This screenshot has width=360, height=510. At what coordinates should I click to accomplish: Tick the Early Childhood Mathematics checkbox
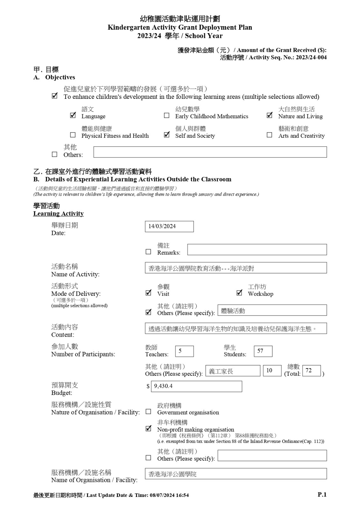pos(167,115)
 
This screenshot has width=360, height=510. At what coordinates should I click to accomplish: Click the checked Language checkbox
pos(73,115)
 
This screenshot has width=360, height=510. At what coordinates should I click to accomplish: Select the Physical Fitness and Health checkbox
pos(73,135)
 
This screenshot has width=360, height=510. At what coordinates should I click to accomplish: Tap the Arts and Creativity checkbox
pos(270,135)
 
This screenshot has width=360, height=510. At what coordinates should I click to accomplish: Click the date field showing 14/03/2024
pos(169,226)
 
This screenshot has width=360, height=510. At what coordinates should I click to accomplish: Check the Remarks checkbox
pos(148,252)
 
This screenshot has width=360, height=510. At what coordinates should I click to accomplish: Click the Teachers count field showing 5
pos(184,351)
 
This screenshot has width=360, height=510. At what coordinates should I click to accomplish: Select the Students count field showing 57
pos(263,351)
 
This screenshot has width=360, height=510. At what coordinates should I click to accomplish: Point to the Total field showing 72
pos(311,370)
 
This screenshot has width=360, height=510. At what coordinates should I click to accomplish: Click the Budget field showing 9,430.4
pos(196,386)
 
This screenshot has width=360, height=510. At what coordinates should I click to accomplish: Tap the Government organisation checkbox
pos(148,412)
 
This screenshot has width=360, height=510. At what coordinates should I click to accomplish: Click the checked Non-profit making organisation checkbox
pos(148,428)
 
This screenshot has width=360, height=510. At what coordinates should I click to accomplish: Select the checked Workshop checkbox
pos(240,293)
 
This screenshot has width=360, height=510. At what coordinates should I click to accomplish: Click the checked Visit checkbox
pos(148,293)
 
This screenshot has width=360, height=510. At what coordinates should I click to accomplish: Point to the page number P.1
pos(322,494)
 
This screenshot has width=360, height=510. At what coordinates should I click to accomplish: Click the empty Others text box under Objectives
pos(210,152)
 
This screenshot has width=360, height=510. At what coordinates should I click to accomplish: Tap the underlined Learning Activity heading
pos(58,214)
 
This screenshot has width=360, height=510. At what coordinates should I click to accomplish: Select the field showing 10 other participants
pos(272,370)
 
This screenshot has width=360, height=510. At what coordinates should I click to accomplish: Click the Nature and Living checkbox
pos(270,115)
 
